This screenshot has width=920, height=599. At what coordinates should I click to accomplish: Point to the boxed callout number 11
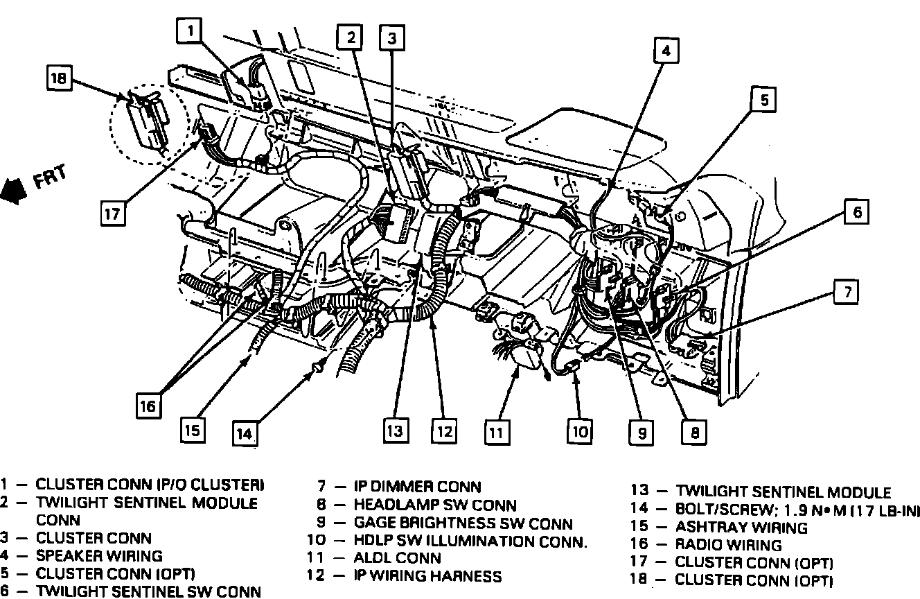(x=495, y=433)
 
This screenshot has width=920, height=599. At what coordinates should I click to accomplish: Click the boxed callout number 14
(x=243, y=433)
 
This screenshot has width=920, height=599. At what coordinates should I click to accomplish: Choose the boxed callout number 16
(x=148, y=406)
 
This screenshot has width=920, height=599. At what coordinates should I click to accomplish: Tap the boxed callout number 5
(x=764, y=101)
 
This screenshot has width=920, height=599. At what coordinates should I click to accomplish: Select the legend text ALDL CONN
(x=397, y=558)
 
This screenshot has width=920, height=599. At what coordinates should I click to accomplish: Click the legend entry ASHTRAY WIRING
(x=741, y=528)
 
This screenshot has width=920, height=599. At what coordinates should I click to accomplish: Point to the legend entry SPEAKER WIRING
(x=99, y=555)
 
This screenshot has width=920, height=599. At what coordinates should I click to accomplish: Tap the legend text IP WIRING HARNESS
(x=427, y=576)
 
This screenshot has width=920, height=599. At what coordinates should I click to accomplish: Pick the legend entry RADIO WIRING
(x=728, y=545)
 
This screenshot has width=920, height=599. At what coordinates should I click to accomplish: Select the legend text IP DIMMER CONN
(x=417, y=487)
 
